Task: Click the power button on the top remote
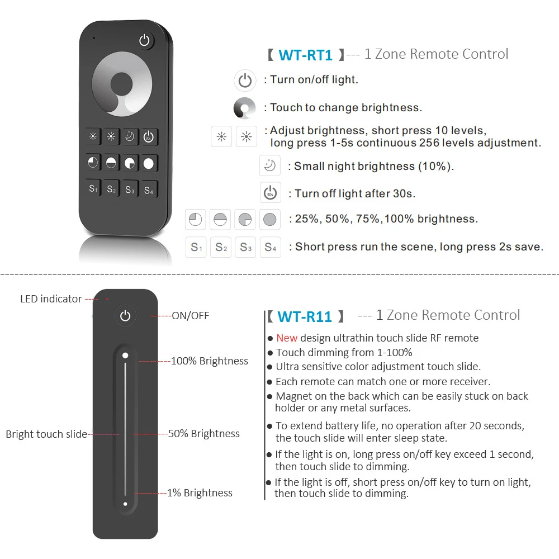tap(145, 41)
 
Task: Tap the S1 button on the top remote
tap(93, 189)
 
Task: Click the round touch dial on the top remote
tap(121, 86)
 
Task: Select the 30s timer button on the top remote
tap(149, 137)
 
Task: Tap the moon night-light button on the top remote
tap(130, 137)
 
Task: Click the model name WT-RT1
tap(305, 55)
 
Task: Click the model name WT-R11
tap(305, 316)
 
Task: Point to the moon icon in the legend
tap(270, 166)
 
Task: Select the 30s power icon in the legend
tap(270, 193)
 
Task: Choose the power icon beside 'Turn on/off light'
tap(245, 80)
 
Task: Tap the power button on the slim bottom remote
tap(125, 316)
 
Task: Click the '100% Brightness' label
tap(209, 361)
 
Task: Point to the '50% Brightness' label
tap(204, 434)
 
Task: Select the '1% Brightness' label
tap(200, 493)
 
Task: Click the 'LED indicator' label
tap(51, 299)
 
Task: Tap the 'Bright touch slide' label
tap(46, 434)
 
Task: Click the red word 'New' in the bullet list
tap(287, 338)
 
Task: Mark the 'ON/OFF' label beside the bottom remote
tap(190, 316)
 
